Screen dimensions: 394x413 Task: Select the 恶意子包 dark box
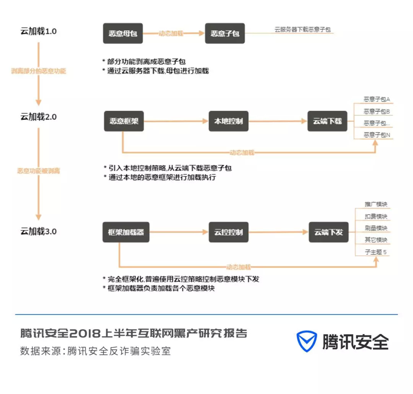coord(225,33)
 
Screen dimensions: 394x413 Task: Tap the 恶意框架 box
coord(124,121)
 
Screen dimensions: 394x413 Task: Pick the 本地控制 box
coord(229,121)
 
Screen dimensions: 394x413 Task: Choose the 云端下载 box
coord(327,121)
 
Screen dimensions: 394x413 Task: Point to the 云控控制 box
coord(229,232)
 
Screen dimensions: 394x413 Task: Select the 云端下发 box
coord(328,232)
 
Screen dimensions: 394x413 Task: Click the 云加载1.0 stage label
coord(39,31)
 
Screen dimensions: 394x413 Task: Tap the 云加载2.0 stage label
coord(39,117)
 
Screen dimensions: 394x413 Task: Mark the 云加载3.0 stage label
coord(39,231)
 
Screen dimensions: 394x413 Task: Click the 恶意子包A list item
coord(376,100)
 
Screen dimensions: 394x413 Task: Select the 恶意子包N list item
coord(376,135)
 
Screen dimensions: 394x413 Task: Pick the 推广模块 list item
coord(376,205)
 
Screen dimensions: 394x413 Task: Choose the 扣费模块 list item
coord(376,216)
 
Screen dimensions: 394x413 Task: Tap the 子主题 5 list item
coord(376,252)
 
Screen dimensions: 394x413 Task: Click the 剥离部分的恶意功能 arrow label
coord(39,71)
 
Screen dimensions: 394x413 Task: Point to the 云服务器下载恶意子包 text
coord(302,29)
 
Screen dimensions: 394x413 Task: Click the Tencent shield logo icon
coord(307,341)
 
